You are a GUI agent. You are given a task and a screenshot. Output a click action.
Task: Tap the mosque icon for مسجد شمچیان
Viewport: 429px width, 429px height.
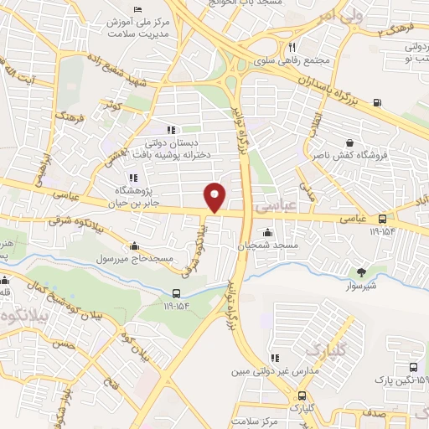pos(268,233)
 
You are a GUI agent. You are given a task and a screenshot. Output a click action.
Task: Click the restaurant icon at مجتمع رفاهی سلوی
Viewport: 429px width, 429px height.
pos(292,48)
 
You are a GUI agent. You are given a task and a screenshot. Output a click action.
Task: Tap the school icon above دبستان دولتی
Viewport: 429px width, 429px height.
pos(170,130)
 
